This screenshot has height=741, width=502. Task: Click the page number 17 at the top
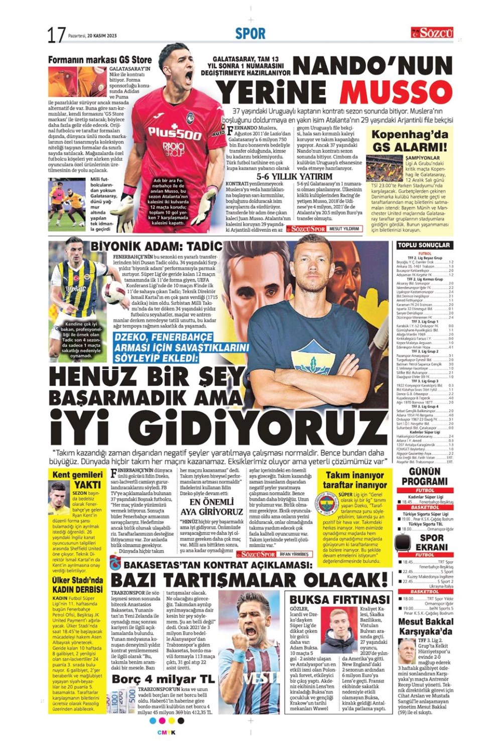point(56,35)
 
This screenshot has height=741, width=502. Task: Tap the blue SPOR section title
point(250,34)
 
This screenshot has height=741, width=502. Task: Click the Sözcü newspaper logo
point(432,33)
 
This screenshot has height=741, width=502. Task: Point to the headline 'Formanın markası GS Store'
point(100,60)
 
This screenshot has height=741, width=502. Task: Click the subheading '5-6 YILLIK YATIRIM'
point(294,177)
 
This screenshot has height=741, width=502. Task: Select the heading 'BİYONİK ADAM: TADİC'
point(156,246)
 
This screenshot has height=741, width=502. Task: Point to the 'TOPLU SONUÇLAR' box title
point(424,245)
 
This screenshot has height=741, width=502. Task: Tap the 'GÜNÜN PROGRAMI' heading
point(424,476)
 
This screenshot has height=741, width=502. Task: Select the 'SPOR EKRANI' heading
point(431,543)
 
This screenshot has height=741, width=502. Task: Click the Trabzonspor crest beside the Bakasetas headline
point(115,565)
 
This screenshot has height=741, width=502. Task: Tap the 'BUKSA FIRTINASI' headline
point(339,600)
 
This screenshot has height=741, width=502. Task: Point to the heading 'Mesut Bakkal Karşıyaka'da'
point(425,626)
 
